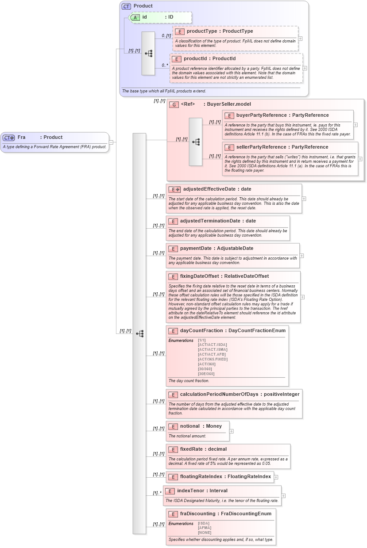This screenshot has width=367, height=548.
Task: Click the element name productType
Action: click(x=201, y=31)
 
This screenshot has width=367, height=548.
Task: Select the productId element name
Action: click(x=198, y=58)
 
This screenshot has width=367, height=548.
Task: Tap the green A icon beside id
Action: click(x=135, y=17)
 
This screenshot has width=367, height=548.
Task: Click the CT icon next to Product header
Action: click(x=126, y=6)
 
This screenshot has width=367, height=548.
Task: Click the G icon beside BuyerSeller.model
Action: click(x=174, y=104)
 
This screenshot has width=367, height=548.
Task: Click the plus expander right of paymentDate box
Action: click(x=302, y=256)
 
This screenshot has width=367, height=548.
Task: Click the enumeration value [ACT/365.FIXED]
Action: click(x=212, y=359)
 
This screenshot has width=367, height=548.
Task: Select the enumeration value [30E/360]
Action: click(x=206, y=374)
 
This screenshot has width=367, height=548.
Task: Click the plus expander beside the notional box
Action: click(x=232, y=431)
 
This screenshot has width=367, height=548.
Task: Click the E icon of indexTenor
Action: click(x=170, y=491)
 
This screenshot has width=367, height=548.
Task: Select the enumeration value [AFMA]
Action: click(x=205, y=528)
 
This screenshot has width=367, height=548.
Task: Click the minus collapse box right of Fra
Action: click(x=111, y=142)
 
